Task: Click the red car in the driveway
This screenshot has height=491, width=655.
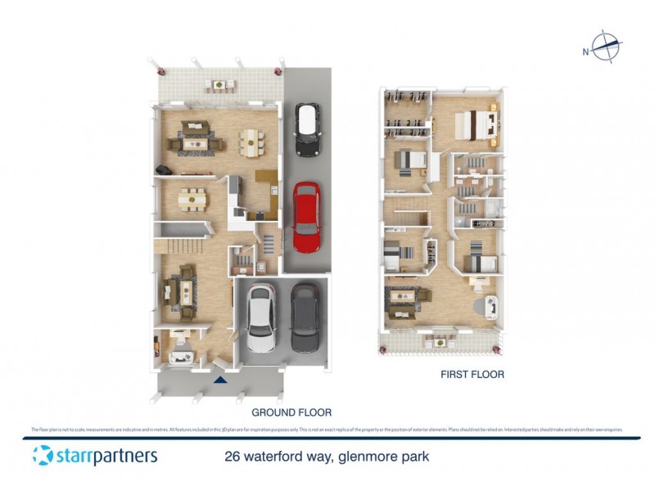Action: [x=306, y=217]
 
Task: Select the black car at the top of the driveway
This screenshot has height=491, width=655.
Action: [x=307, y=130]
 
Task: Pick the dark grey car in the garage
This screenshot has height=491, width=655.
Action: [x=305, y=318]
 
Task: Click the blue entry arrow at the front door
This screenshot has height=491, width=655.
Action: [x=219, y=379]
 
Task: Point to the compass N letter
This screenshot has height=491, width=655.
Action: [x=586, y=52]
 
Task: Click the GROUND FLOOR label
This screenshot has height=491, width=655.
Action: [x=291, y=412]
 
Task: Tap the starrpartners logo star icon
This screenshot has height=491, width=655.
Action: [x=43, y=455]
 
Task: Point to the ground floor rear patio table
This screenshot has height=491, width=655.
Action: [x=219, y=84]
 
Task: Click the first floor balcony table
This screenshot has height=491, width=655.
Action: [x=440, y=342]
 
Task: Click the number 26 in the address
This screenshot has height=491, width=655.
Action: [x=233, y=456]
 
